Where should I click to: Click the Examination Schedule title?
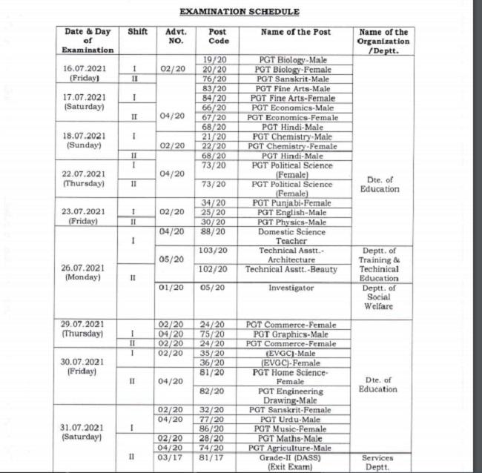[x=240, y=12]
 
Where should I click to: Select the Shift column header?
[x=137, y=33]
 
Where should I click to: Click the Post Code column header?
[x=217, y=37]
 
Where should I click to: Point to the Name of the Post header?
[x=296, y=33]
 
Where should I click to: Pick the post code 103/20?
[x=217, y=251]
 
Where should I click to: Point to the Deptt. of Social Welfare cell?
[x=383, y=297]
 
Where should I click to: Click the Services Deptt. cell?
[x=383, y=463]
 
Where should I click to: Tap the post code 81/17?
[x=217, y=458]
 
